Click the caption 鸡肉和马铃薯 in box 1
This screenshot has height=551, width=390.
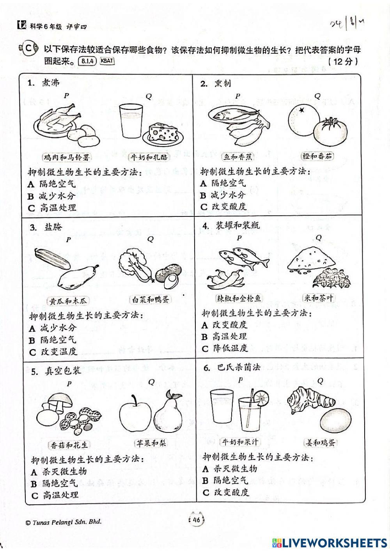coord(67,158)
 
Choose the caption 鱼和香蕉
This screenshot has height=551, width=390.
coord(238,157)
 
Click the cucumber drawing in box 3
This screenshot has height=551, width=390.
coord(52,259)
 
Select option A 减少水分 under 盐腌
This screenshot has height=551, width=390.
coord(53,328)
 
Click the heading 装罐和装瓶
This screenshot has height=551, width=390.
coord(238,225)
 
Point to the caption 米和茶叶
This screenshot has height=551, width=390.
coord(319,298)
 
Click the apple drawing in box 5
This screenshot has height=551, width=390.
coord(135,416)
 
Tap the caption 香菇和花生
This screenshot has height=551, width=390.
coord(69,445)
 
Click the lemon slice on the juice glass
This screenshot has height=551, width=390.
coord(261,398)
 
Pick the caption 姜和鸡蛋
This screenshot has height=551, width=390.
coord(320,443)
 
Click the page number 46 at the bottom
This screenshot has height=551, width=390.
coord(196,520)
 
